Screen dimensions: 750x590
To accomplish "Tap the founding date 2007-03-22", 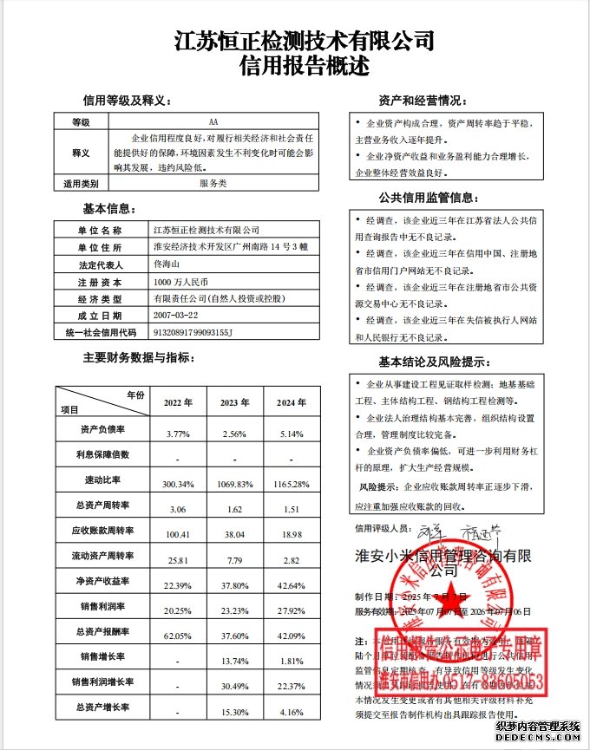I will click(175, 315).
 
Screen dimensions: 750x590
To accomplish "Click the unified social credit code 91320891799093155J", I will click(193, 331).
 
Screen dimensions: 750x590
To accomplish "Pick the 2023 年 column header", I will click(236, 403).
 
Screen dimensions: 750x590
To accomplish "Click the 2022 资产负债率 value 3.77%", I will click(177, 434).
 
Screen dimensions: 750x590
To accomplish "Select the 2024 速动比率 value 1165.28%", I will click(291, 483).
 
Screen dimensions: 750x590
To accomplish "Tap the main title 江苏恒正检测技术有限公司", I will click(304, 40).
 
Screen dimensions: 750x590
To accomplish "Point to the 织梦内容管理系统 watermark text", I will click(537, 727).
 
